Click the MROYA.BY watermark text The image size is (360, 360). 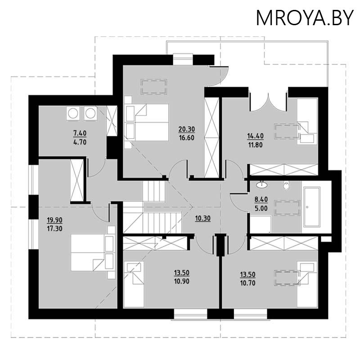click(305, 18)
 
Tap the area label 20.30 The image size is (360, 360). click(187, 129)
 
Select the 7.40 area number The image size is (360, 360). click(80, 133)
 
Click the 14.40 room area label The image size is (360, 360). click(255, 136)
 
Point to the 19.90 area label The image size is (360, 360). click(54, 220)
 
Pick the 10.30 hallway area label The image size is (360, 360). click(203, 218)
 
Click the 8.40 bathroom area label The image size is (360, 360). click(261, 199)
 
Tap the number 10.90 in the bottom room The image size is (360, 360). click(182, 281)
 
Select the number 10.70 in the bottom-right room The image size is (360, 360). click(248, 283)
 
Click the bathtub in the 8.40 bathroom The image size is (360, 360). click(312, 207)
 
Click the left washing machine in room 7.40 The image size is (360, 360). click(73, 113)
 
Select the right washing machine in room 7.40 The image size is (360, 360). click(90, 113)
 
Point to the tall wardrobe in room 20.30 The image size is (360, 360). click(211, 138)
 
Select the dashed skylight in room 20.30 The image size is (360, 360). click(154, 86)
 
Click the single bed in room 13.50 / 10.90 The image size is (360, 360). click(134, 284)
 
